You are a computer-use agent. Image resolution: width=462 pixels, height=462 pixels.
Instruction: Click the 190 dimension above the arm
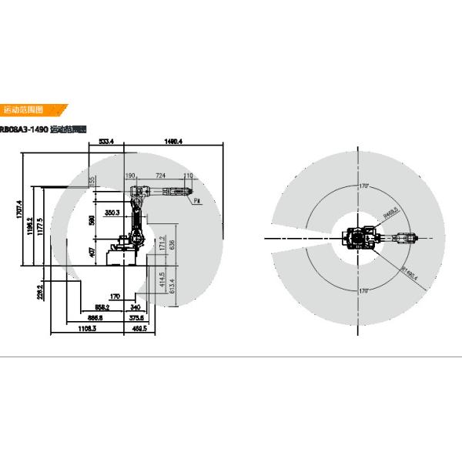(129, 176)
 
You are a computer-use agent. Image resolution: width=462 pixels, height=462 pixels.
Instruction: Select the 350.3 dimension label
(112, 213)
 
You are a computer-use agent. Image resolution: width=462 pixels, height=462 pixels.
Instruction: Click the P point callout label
(197, 200)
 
